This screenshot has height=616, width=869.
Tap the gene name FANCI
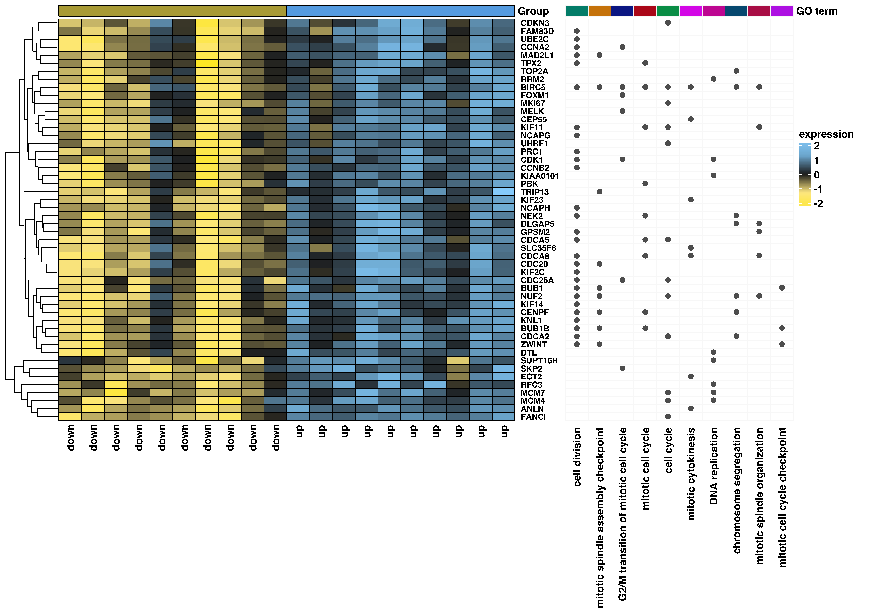tap(533, 417)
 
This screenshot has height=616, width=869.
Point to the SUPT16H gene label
tap(539, 361)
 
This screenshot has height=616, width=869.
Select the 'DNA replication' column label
tap(714, 466)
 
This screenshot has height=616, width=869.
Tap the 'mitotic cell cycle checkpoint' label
tap(782, 497)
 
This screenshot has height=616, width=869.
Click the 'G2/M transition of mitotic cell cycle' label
tap(623, 514)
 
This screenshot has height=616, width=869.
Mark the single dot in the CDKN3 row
tap(668, 23)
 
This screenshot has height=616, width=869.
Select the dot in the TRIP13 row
tap(599, 192)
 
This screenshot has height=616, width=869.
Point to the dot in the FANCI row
tap(668, 417)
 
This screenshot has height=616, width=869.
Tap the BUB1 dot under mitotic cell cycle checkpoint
tap(782, 288)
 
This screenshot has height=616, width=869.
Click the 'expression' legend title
tap(826, 134)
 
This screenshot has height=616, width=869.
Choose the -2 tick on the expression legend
tap(818, 204)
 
